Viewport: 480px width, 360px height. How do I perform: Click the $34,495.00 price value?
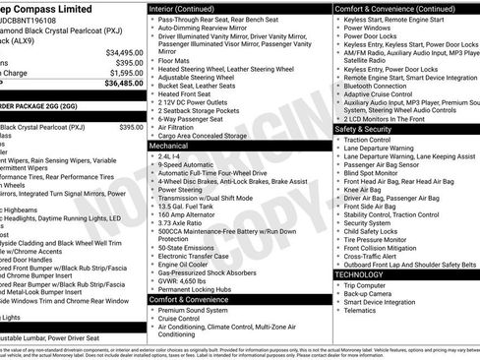click(125, 52)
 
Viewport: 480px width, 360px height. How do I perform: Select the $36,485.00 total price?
click(125, 84)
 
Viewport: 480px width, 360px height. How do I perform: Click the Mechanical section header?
click(169, 145)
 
